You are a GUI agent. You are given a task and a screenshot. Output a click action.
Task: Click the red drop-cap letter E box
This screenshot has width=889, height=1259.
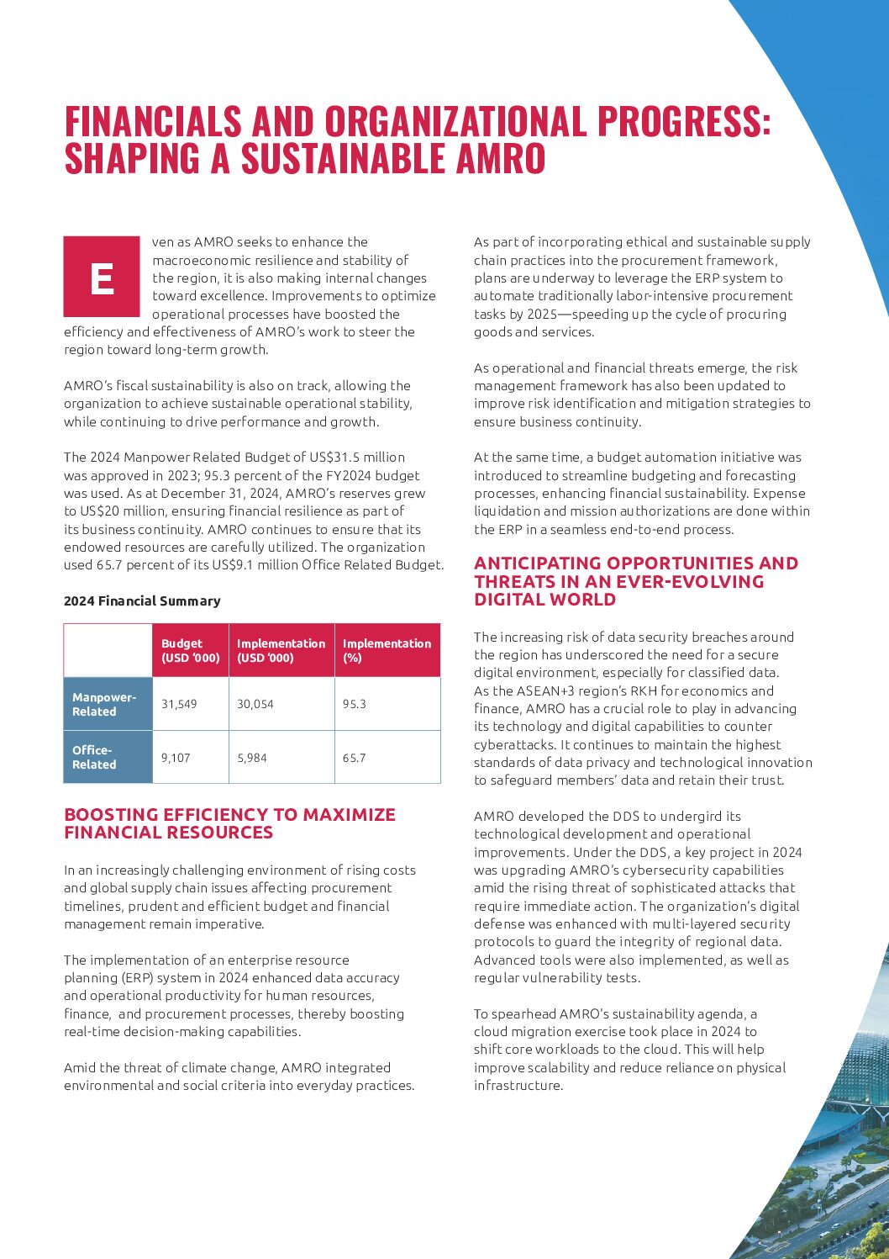tap(102, 277)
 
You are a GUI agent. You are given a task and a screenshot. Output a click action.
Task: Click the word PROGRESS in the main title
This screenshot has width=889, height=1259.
tap(683, 121)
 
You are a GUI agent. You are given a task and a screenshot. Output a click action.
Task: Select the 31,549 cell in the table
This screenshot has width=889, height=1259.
tap(179, 704)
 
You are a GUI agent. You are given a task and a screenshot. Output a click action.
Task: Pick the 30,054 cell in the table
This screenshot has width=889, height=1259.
tap(255, 704)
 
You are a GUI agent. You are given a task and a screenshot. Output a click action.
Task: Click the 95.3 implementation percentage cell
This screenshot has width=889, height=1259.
tap(355, 704)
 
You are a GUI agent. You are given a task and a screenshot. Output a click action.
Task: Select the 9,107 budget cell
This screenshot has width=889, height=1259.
tap(176, 758)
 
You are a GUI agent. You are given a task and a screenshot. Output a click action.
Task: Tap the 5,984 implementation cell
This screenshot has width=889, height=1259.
tap(252, 758)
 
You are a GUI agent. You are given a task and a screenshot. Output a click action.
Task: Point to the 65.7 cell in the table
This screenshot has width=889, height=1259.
tap(355, 758)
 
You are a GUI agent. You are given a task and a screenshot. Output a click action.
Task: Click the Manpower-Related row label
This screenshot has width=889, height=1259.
tap(104, 704)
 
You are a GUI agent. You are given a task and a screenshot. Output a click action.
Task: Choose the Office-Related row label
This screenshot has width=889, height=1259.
tap(94, 757)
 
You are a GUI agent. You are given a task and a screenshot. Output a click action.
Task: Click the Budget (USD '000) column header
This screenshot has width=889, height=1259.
tap(191, 650)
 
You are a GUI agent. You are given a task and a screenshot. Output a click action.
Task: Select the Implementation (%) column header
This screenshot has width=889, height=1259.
tap(387, 650)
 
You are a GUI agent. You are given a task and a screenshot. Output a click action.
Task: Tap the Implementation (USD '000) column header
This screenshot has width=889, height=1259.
tap(281, 650)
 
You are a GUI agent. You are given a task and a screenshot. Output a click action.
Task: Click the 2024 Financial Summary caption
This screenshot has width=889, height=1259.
tap(142, 600)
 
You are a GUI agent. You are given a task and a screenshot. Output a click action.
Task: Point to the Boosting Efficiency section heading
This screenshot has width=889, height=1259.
tap(229, 823)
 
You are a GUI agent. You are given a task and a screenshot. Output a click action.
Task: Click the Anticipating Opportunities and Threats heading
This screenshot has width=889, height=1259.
tap(635, 581)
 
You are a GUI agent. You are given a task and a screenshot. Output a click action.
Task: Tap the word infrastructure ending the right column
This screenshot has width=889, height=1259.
tap(518, 1085)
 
